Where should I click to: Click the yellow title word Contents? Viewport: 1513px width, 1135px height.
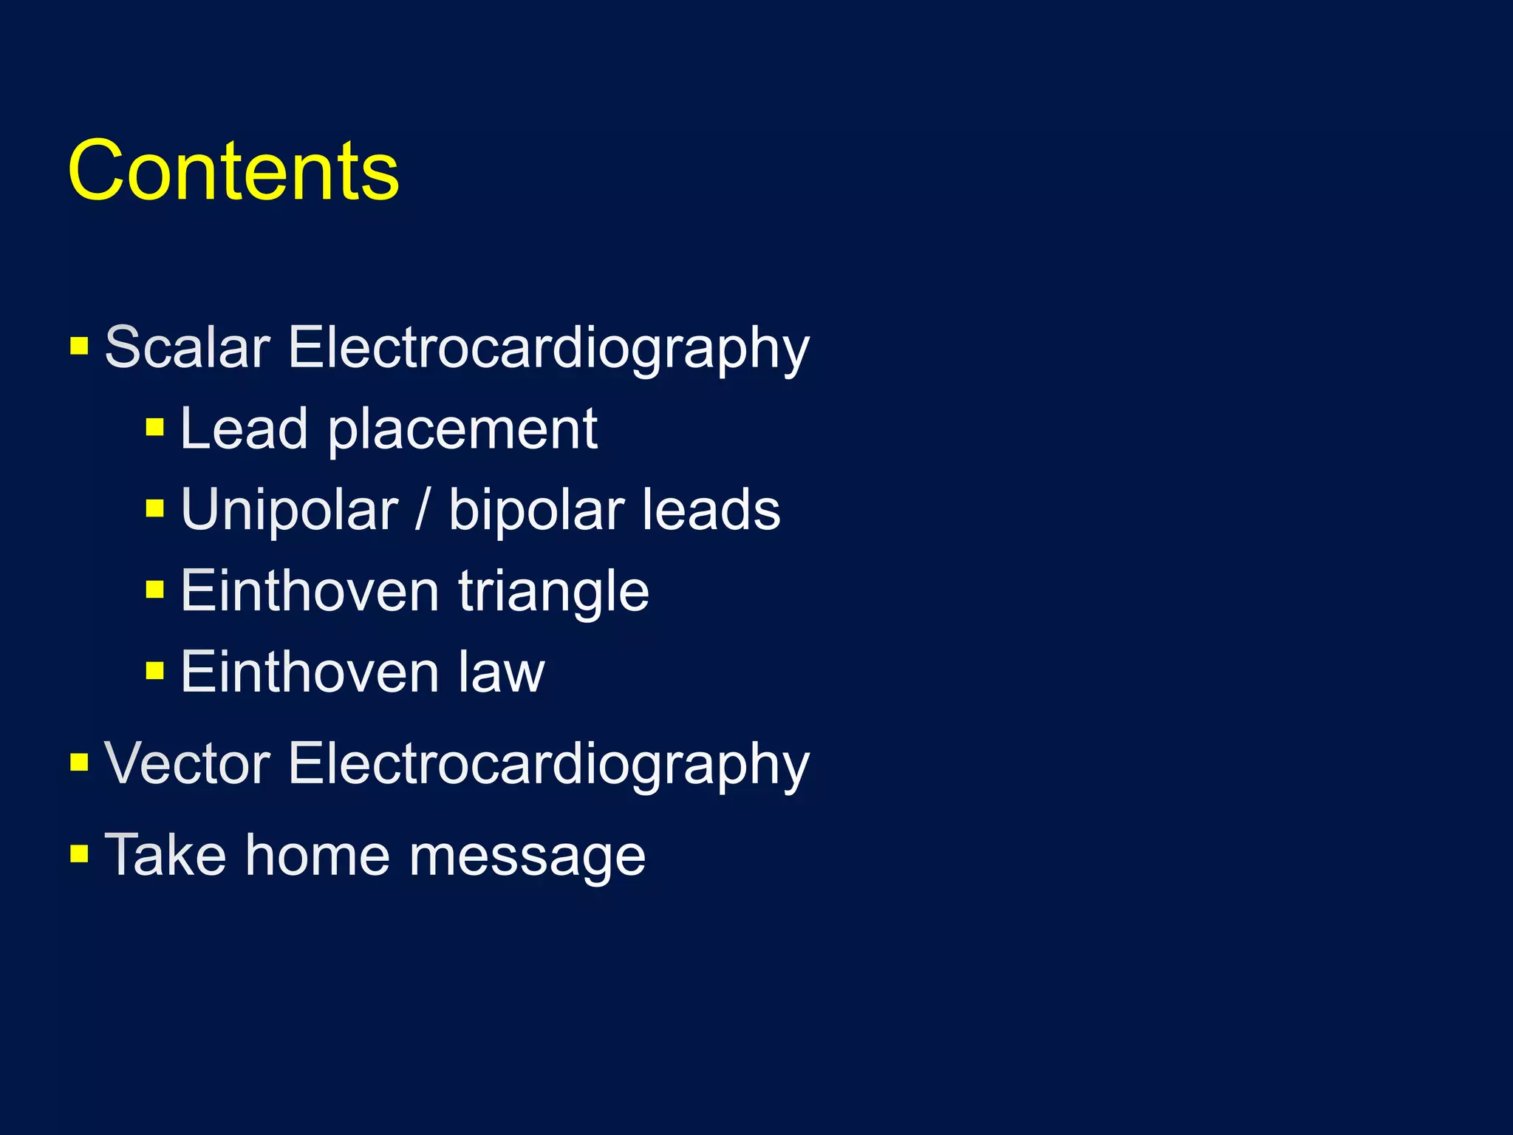click(x=233, y=171)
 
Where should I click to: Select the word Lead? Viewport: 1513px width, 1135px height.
click(x=243, y=429)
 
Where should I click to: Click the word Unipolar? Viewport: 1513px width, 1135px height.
click(x=289, y=510)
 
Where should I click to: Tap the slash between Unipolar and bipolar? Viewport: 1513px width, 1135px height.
click(x=422, y=510)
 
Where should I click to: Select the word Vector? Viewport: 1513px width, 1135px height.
click(x=187, y=763)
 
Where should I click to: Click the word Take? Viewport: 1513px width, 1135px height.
click(x=165, y=855)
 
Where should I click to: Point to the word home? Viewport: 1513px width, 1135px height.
click(x=317, y=855)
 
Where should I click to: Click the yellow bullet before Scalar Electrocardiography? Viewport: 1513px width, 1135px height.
click(x=79, y=346)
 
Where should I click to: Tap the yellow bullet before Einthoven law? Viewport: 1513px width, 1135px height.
click(x=154, y=671)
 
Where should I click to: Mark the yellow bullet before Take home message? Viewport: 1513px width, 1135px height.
click(x=79, y=854)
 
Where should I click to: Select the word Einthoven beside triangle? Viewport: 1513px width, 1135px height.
click(x=310, y=591)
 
